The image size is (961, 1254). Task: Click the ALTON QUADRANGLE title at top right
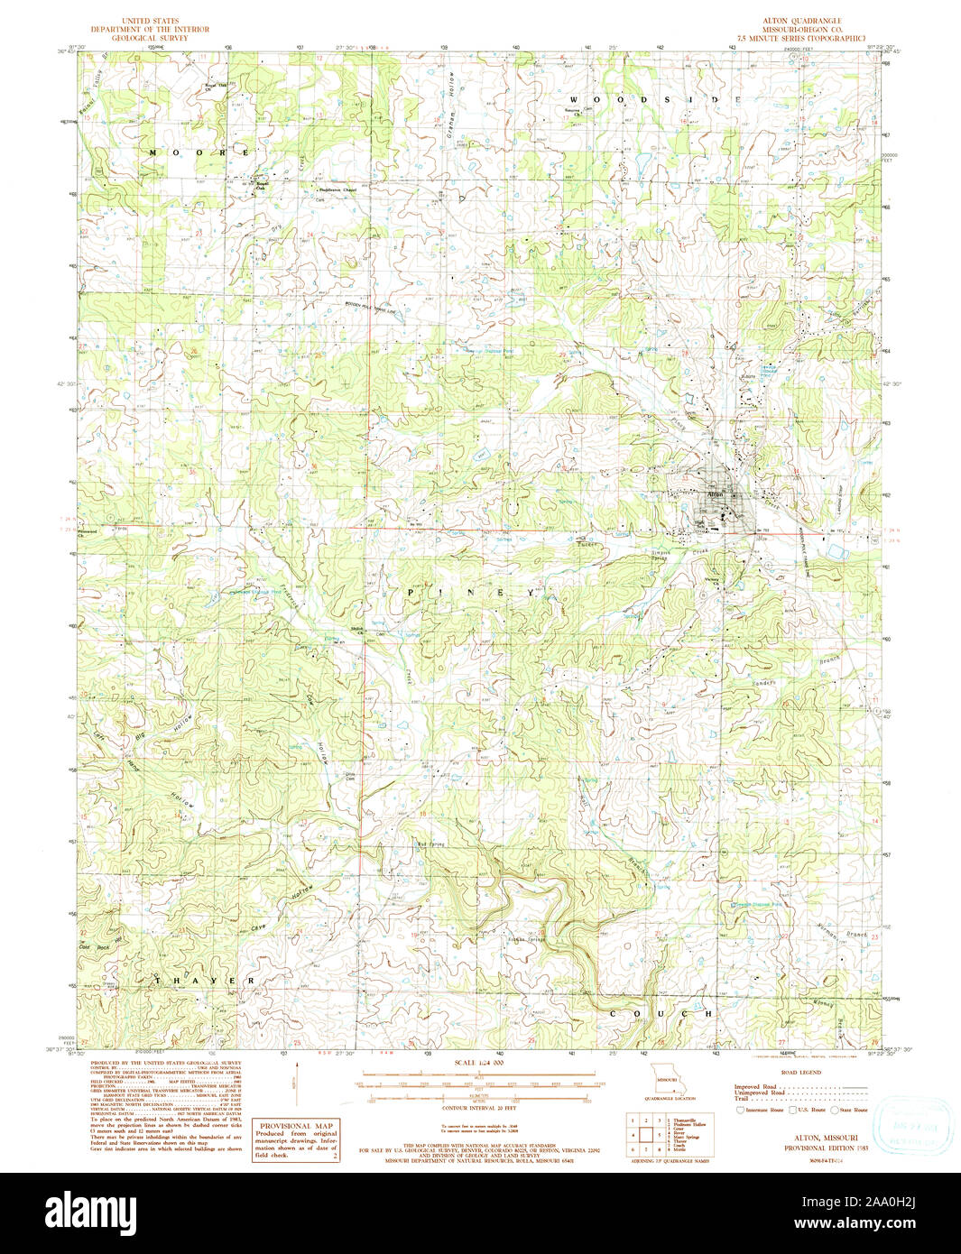[x=803, y=20]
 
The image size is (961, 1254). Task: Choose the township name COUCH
[x=661, y=1013]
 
